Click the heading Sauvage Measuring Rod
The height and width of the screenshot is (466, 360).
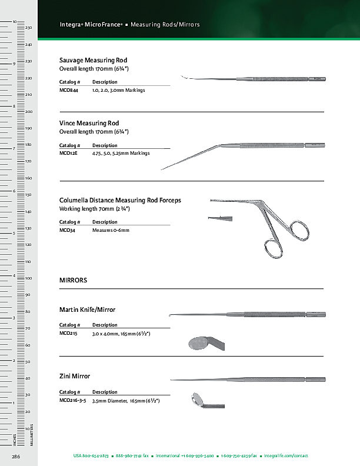[93, 61]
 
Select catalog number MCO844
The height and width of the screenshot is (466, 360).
[69, 91]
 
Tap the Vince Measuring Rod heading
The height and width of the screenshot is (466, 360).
[89, 123]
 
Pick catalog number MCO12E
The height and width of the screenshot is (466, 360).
[68, 153]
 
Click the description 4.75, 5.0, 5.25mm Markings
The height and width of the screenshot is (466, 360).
[121, 153]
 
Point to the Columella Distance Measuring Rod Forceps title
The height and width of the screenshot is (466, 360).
[120, 201]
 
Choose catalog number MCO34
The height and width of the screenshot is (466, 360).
[67, 230]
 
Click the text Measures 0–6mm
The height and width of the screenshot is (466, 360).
[110, 230]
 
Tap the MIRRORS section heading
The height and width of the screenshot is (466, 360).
[73, 281]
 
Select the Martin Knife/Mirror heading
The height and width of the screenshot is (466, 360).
[87, 309]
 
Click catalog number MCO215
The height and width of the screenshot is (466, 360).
[68, 334]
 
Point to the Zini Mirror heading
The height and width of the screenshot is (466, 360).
[75, 375]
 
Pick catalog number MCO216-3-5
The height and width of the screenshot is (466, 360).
[73, 400]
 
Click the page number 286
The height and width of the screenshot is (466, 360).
[16, 456]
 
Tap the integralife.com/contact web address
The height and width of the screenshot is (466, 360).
[286, 456]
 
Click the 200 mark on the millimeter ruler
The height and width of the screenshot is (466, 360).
[28, 111]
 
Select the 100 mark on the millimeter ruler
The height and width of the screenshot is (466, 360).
[28, 278]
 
